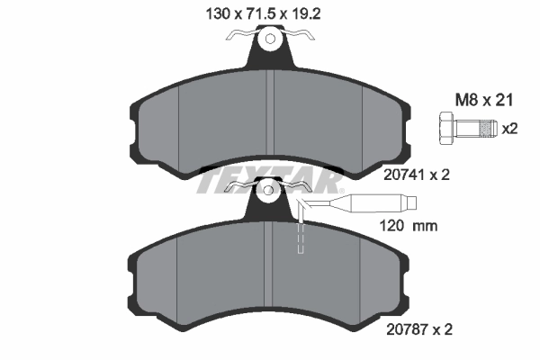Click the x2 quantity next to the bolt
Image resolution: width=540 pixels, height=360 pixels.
tap(510, 128)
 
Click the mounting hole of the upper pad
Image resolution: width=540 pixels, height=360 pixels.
tap(270, 39)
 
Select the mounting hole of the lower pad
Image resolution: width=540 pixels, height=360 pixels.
tap(270, 191)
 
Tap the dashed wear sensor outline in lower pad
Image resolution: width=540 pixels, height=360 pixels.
tap(301, 238)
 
